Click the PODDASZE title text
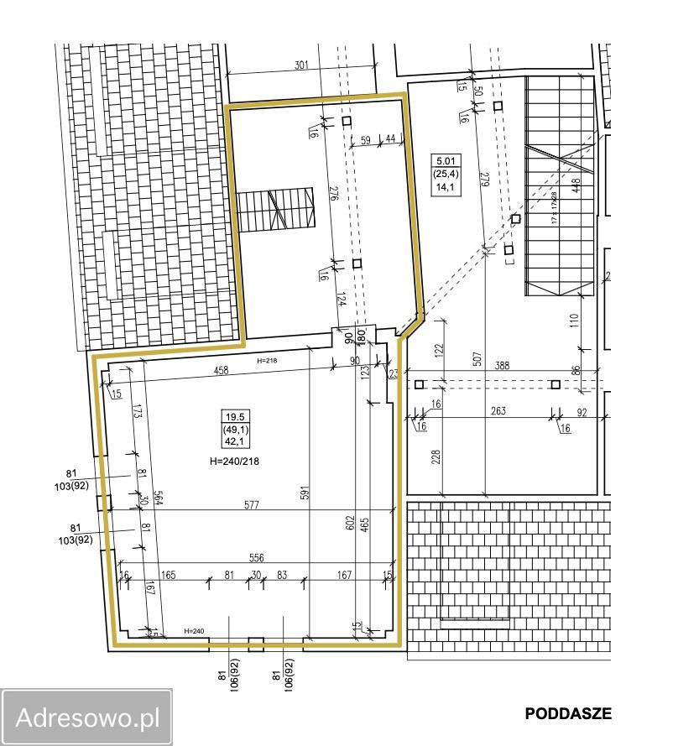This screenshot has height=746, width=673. click(x=568, y=714)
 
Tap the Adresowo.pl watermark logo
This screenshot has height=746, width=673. click(x=87, y=717)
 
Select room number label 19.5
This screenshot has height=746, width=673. click(x=236, y=417)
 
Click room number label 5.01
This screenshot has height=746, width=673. click(x=443, y=161)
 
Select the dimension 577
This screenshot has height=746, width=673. click(x=251, y=505)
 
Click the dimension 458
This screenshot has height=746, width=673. click(x=222, y=370)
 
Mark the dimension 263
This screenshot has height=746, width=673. click(x=497, y=411)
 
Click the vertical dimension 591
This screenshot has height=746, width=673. click(x=303, y=493)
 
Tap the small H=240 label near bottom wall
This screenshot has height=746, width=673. click(x=194, y=631)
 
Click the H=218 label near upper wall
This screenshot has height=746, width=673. click(x=267, y=360)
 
